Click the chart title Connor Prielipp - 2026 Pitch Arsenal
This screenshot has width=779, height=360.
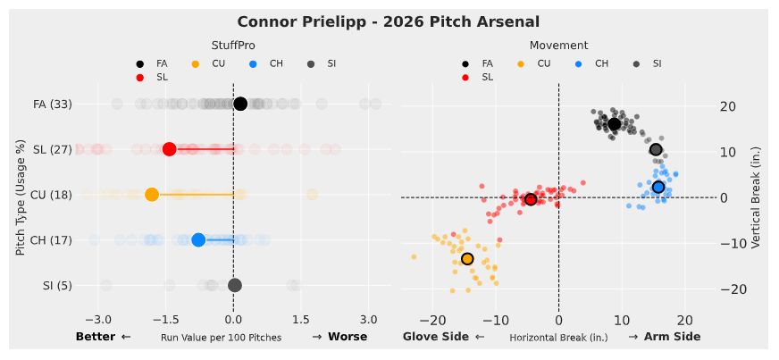389,21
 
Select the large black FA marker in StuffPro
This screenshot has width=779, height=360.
240,104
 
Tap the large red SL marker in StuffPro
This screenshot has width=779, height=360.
169,149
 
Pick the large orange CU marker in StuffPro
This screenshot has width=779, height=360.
152,195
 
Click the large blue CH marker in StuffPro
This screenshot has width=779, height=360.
198,239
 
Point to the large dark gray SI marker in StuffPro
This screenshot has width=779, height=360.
235,285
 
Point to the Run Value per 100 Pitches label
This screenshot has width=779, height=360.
221,338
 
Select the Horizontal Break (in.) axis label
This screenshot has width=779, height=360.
558,338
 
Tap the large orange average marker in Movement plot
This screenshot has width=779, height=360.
467,259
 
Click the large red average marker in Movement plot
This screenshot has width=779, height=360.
531,199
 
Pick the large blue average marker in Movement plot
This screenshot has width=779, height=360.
658,187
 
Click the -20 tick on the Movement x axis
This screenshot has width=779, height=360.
432,319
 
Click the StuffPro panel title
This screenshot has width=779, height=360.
230,45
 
